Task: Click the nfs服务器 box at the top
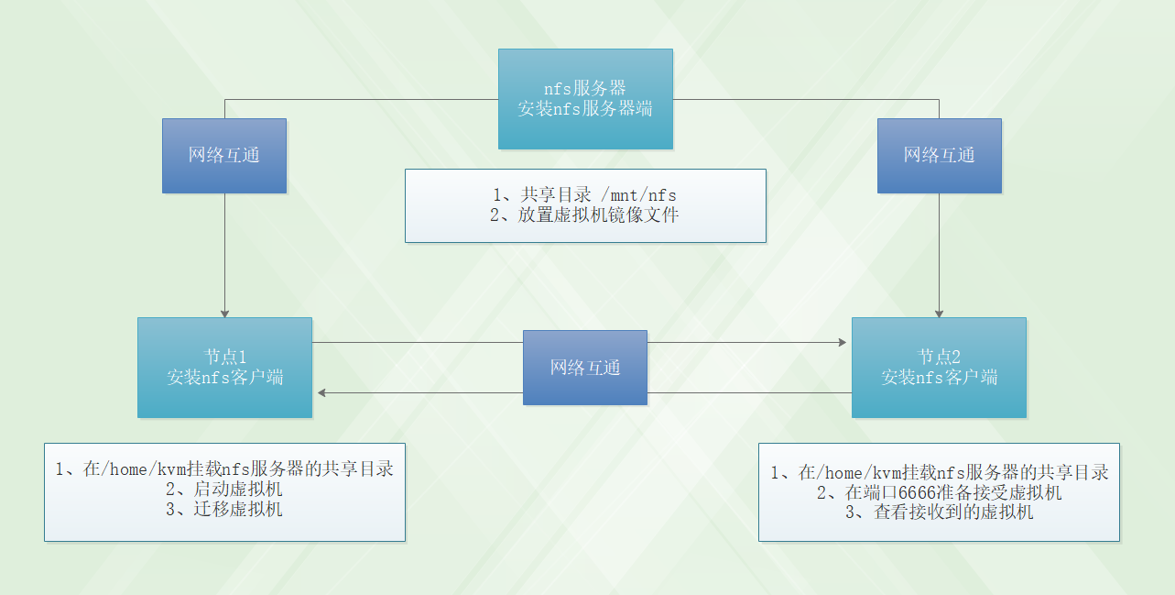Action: [x=585, y=98]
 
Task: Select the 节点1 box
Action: [x=224, y=367]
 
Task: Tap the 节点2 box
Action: [x=939, y=367]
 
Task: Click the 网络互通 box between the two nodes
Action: [x=585, y=368]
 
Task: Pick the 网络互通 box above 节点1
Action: [x=224, y=155]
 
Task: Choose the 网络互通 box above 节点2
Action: [x=940, y=155]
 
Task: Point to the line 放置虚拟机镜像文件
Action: [x=598, y=215]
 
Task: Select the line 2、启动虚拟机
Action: [x=224, y=489]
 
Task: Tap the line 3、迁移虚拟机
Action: [x=224, y=509]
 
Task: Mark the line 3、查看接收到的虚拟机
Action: [x=939, y=512]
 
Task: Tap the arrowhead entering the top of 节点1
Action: [x=224, y=313]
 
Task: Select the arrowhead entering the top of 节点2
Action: [x=940, y=313]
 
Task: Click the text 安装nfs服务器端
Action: [x=585, y=108]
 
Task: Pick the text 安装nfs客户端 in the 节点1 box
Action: [x=224, y=377]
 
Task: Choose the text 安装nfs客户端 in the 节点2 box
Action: [x=939, y=377]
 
